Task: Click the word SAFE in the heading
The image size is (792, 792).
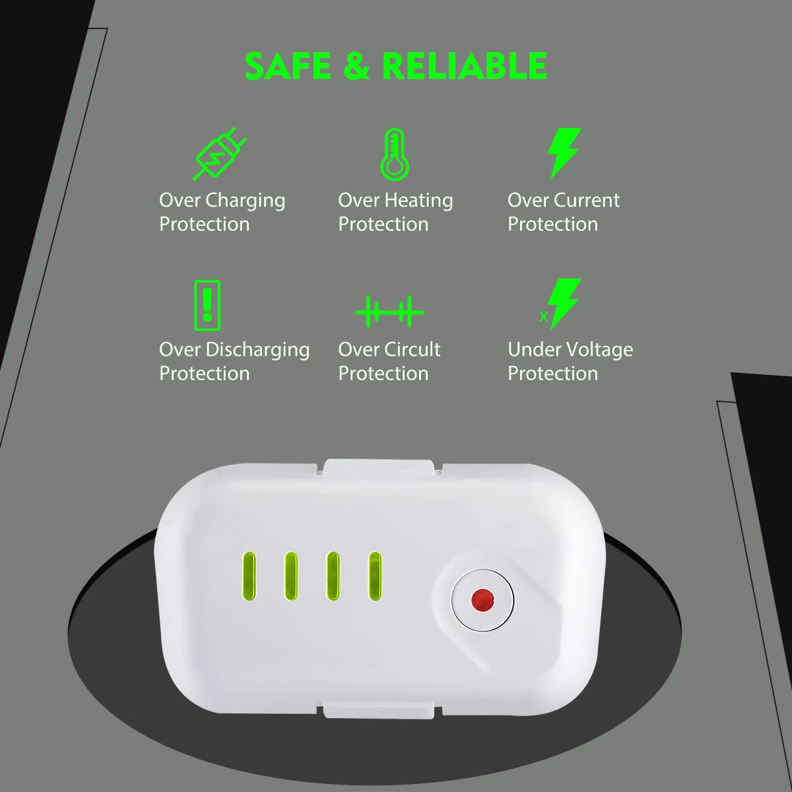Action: tap(288, 66)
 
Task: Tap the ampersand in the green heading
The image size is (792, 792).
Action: tap(356, 66)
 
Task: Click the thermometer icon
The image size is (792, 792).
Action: tap(395, 154)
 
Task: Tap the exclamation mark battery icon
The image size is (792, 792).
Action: tap(207, 305)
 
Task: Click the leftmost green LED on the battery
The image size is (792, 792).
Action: tap(249, 576)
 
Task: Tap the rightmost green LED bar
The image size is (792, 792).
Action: tap(375, 576)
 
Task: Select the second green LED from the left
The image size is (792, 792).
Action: tap(290, 576)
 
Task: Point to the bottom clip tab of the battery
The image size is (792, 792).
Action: tap(378, 712)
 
